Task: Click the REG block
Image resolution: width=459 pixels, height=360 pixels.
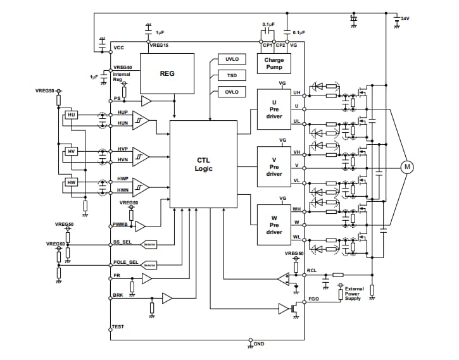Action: click(x=167, y=73)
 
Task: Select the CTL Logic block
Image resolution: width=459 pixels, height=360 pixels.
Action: click(x=203, y=164)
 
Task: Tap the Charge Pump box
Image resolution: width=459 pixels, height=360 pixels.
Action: click(x=274, y=64)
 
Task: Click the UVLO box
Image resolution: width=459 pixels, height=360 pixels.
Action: click(x=232, y=59)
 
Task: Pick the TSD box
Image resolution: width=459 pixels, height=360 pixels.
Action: click(x=232, y=75)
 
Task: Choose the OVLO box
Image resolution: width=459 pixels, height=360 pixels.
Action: click(x=232, y=92)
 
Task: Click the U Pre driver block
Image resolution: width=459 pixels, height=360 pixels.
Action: click(x=274, y=109)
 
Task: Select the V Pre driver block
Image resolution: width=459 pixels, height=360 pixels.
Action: click(x=274, y=166)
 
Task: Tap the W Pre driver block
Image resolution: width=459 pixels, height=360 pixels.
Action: click(x=274, y=224)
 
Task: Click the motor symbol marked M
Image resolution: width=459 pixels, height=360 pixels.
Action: click(x=407, y=166)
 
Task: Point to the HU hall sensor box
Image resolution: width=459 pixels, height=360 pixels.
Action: click(x=71, y=115)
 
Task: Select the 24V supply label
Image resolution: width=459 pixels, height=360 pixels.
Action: click(x=405, y=19)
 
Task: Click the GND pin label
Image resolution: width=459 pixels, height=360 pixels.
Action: click(x=259, y=344)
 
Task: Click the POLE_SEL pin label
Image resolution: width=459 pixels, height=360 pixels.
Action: click(x=125, y=261)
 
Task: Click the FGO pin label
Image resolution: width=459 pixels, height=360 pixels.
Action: click(x=313, y=298)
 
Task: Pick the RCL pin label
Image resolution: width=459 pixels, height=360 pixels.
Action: click(x=311, y=270)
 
